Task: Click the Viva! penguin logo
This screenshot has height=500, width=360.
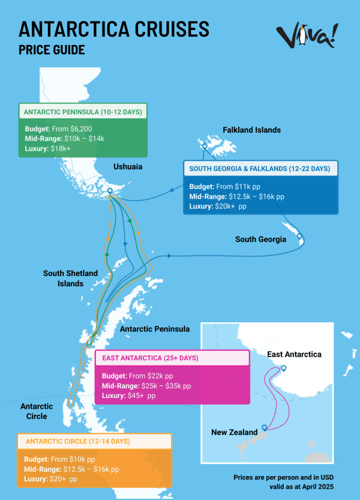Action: pyautogui.click(x=306, y=36)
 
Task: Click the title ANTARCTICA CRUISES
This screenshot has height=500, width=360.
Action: pyautogui.click(x=114, y=29)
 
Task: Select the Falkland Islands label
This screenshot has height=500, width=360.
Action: pyautogui.click(x=251, y=130)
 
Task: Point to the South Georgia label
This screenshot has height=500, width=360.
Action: pyautogui.click(x=260, y=239)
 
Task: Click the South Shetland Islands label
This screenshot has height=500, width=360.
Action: pyautogui.click(x=70, y=278)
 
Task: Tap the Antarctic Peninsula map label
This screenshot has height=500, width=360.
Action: pyautogui.click(x=155, y=329)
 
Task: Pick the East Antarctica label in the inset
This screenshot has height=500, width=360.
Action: pyautogui.click(x=294, y=354)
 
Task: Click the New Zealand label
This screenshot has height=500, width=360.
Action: pyautogui.click(x=234, y=432)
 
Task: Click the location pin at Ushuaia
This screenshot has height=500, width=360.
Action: pyautogui.click(x=110, y=191)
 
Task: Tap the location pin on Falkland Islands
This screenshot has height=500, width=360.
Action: pyautogui.click(x=205, y=146)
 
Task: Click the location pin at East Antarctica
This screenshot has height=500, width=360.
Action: pyautogui.click(x=284, y=368)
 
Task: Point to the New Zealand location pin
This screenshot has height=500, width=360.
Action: pyautogui.click(x=264, y=429)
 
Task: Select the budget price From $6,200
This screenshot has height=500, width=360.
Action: pyautogui.click(x=75, y=128)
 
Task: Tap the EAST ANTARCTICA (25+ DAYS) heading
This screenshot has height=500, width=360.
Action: pyautogui.click(x=150, y=358)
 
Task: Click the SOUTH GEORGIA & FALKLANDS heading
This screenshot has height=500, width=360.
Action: pyautogui.click(x=259, y=169)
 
